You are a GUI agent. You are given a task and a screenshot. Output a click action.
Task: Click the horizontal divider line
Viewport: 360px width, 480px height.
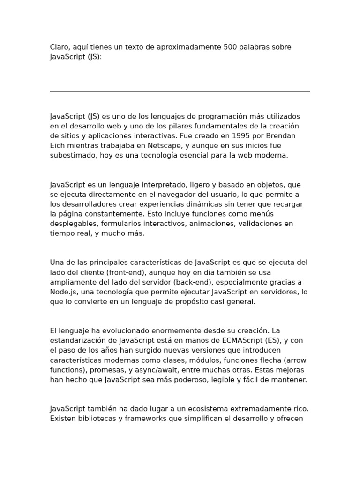coord(180,91)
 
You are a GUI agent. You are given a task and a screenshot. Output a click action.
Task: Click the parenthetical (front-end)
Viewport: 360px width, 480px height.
coord(127,272)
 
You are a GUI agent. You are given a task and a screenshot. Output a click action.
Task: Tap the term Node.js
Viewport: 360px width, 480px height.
coord(61,292)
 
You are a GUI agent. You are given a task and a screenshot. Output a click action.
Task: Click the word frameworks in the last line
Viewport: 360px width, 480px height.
coord(143,419)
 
